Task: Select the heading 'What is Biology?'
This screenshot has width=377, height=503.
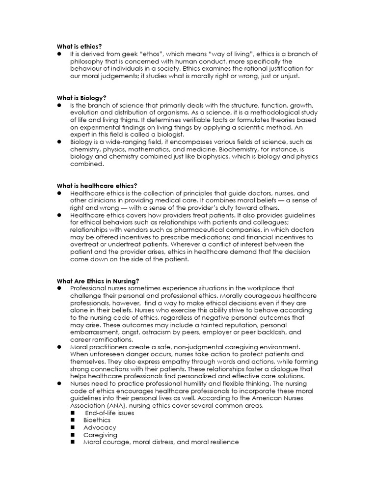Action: (x=81, y=98)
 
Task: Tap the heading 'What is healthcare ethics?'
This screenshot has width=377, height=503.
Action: (x=97, y=185)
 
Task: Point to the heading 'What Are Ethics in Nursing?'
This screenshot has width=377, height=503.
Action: (x=99, y=280)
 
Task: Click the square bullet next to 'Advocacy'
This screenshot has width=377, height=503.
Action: (x=73, y=427)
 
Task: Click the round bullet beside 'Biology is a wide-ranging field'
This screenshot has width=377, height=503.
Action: (x=59, y=142)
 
